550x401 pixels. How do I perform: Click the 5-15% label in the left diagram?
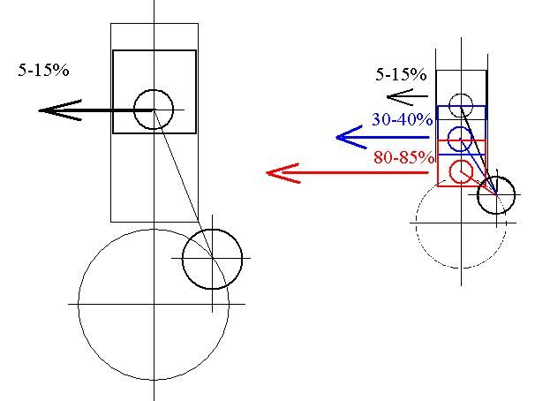pyautogui.click(x=43, y=70)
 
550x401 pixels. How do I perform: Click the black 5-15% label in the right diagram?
pyautogui.click(x=401, y=74)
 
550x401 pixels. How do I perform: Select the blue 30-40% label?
pyautogui.click(x=402, y=119)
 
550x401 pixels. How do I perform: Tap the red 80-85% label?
pyautogui.click(x=403, y=157)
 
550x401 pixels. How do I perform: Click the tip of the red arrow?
pyautogui.click(x=267, y=172)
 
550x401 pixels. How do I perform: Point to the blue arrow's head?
pyautogui.click(x=336, y=137)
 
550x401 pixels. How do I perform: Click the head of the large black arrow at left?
pyautogui.click(x=39, y=110)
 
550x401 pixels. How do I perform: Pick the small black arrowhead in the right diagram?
pyautogui.click(x=388, y=96)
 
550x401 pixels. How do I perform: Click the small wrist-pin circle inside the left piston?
pyautogui.click(x=154, y=90)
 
